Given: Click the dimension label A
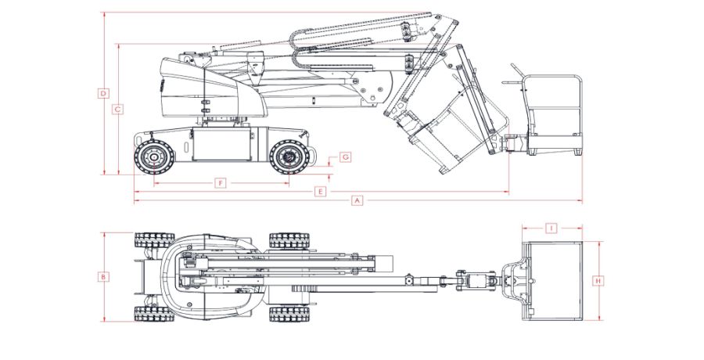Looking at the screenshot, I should (x=357, y=200).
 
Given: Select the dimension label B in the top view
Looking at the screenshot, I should (x=102, y=276).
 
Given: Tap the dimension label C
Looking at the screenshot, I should (x=117, y=110).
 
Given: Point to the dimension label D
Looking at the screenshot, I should (x=103, y=94).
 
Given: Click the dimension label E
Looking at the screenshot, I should (x=319, y=191).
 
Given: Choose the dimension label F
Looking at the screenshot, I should (x=221, y=183).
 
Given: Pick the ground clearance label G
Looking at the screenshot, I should (x=345, y=157).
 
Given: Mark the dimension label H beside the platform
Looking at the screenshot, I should (x=598, y=280).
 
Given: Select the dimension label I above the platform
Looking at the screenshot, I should (x=551, y=229).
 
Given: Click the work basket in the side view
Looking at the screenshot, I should (x=555, y=116).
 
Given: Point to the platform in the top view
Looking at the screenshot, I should (x=553, y=280).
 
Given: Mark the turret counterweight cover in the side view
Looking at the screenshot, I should (x=192, y=86).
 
